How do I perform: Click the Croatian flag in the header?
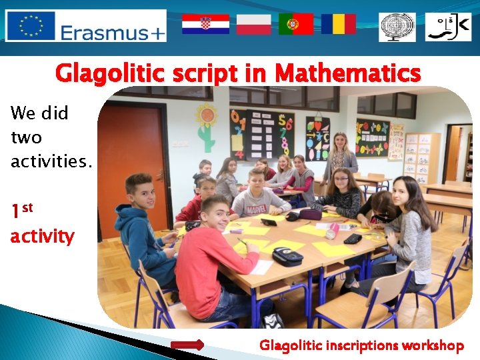(205, 24)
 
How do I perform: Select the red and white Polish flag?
(253, 24)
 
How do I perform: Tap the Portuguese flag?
(296, 24)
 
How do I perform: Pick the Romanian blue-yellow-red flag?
(338, 24)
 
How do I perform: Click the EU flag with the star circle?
(31, 26)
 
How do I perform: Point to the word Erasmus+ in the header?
(112, 32)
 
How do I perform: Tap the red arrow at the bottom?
(187, 345)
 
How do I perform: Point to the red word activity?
(42, 236)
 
